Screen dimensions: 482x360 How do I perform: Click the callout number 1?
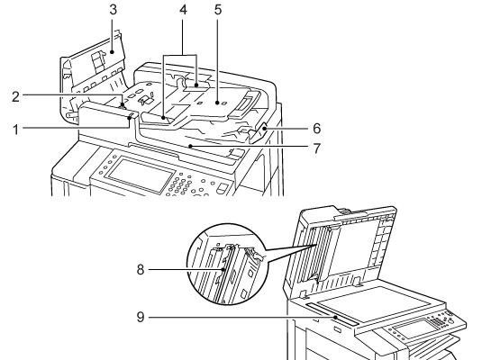[x=16, y=130]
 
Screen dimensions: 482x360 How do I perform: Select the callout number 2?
[x=15, y=96]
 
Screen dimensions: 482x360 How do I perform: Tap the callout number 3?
[x=114, y=10]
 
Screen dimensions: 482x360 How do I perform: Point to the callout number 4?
[x=183, y=10]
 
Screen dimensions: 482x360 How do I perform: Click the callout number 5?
[x=218, y=10]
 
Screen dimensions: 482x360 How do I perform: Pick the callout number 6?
[x=316, y=128]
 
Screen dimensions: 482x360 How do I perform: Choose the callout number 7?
[x=316, y=148]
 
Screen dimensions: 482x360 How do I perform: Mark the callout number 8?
[x=141, y=270]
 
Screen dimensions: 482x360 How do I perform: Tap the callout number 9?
[x=141, y=317]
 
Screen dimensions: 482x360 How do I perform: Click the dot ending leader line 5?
[x=218, y=103]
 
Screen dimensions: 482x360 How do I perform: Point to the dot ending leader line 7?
[x=191, y=147]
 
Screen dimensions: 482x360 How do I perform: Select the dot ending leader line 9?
[x=336, y=317]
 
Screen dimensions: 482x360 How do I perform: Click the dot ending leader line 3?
[x=113, y=52]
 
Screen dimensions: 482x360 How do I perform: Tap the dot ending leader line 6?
[x=264, y=128]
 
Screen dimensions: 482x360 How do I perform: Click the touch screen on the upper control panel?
[x=140, y=174]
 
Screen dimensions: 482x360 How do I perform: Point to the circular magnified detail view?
[x=226, y=265]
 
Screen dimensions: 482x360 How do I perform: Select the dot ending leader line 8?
[x=223, y=270]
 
